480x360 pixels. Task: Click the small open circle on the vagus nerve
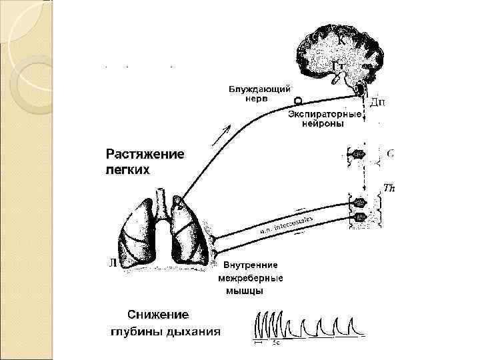(x=298, y=101)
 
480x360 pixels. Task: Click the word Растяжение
(x=145, y=155)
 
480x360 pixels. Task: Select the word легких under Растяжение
(x=128, y=169)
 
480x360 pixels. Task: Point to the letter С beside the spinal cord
(x=390, y=153)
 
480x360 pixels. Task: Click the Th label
(x=389, y=189)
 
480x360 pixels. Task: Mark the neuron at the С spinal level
(x=359, y=154)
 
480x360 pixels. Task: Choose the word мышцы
(x=244, y=291)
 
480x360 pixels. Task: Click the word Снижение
(x=158, y=315)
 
